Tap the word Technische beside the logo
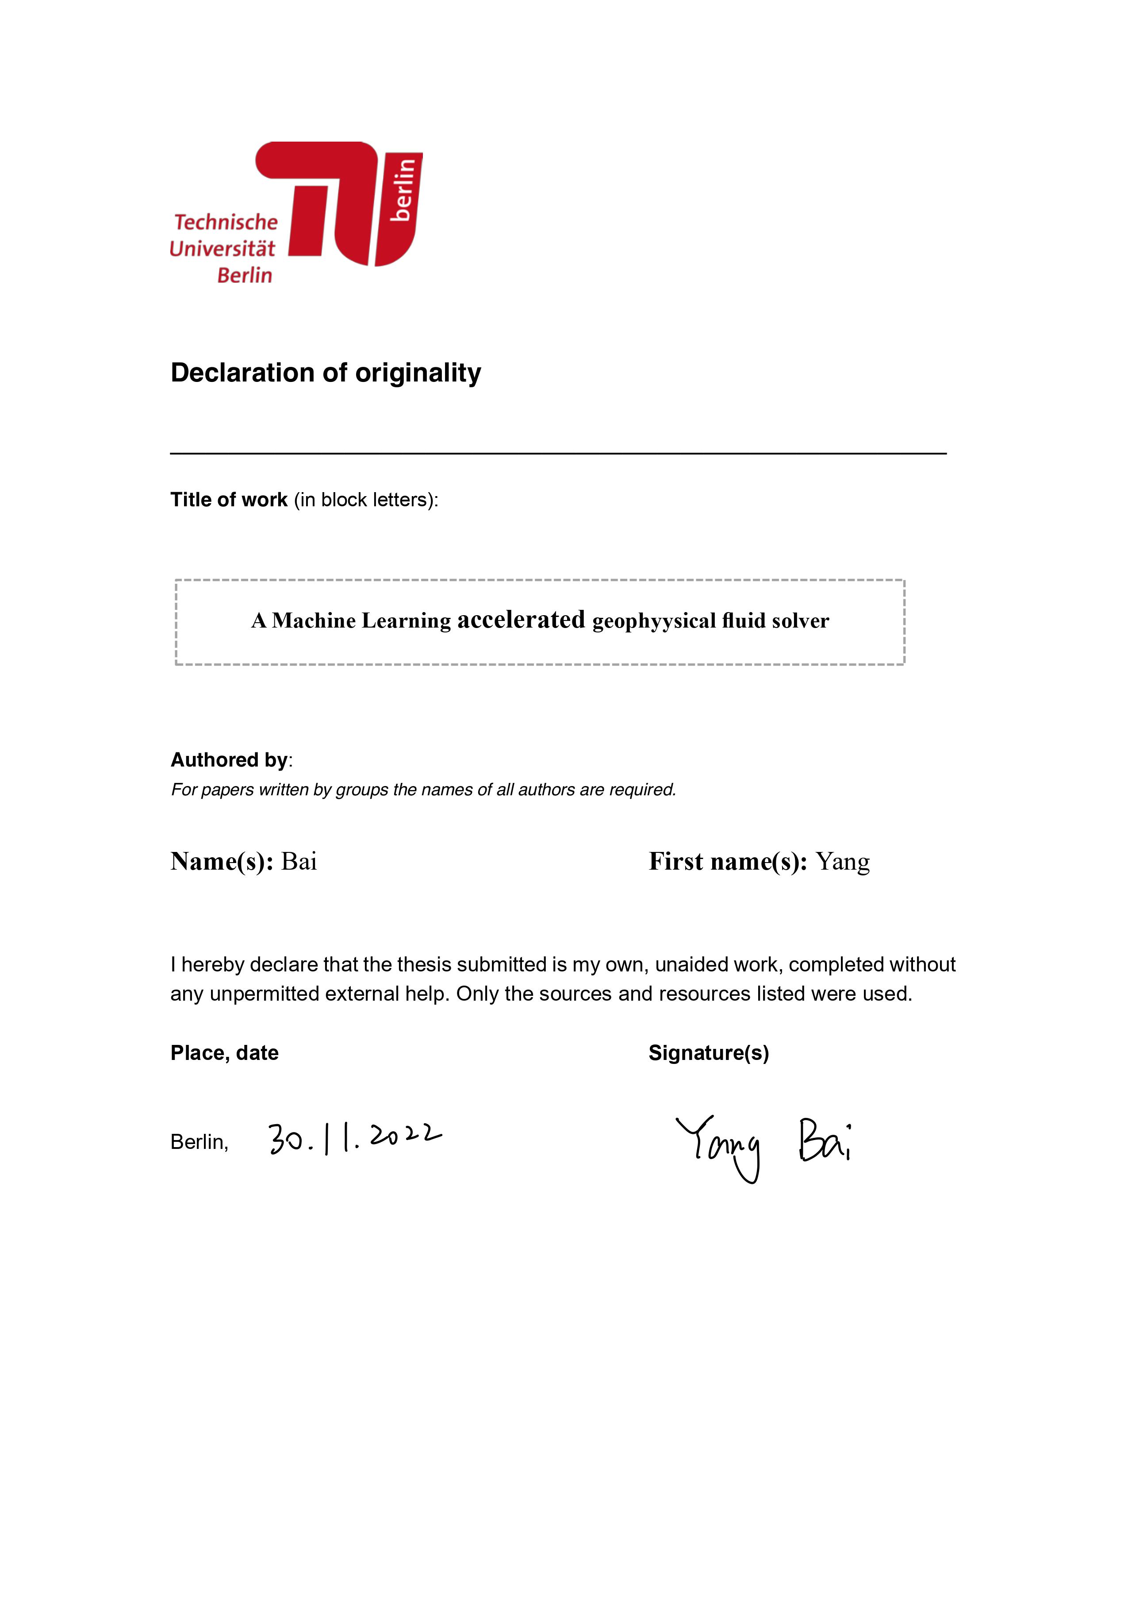226,222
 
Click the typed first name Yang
843,862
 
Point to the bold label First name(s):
728,862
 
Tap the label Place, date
224,1053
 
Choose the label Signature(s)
709,1053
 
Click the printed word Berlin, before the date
199,1142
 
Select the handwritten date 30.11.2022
355,1138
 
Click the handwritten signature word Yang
721,1146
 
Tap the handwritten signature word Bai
825,1141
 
